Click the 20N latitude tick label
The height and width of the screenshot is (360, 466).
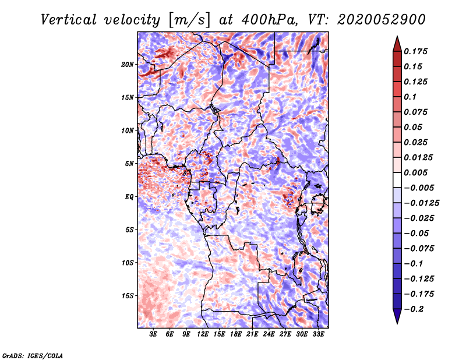pos(128,64)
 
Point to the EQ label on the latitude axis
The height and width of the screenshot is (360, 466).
pos(130,197)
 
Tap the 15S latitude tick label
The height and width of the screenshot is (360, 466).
pos(128,296)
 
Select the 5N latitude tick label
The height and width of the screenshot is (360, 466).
pos(130,164)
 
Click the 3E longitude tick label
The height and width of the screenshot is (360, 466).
pos(153,334)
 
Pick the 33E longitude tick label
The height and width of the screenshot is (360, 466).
pos(319,334)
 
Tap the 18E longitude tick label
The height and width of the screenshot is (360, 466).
pos(236,334)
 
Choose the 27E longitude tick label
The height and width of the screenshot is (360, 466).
pos(285,334)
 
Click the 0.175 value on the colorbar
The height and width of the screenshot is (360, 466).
pos(417,51)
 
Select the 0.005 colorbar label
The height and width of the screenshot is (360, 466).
pos(417,172)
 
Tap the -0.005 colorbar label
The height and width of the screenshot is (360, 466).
pos(419,188)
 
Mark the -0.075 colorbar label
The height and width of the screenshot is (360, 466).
pos(419,248)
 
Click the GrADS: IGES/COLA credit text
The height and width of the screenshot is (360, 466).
pos(32,355)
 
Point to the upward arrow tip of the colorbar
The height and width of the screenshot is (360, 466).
pos(397,38)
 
